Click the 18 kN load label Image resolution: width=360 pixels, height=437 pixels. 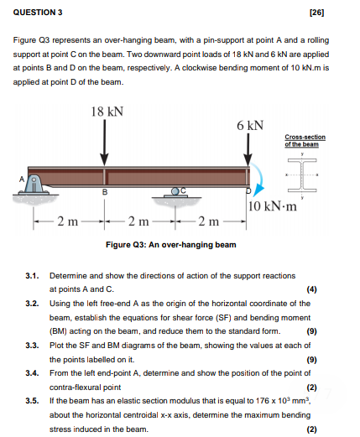click(107, 112)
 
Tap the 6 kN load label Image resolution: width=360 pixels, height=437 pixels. click(250, 126)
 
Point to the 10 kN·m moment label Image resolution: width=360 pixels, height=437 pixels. click(273, 206)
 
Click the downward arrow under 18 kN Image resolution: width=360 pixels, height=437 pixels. click(105, 143)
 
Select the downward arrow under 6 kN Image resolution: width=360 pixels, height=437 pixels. click(248, 150)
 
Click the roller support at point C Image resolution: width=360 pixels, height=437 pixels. click(175, 192)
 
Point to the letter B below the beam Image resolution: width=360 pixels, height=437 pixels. click(105, 192)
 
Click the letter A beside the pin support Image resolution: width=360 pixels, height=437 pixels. click(22, 179)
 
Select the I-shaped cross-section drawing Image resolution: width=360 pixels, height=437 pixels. click(302, 175)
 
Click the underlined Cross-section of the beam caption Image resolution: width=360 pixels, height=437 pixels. click(305, 141)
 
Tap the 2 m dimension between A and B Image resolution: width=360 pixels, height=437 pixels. click(68, 221)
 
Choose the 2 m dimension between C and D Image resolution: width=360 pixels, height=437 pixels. click(209, 221)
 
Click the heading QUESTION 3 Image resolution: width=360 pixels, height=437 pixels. click(38, 13)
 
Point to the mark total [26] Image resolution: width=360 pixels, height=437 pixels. click(317, 13)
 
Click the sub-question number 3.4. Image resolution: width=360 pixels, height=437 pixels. click(32, 373)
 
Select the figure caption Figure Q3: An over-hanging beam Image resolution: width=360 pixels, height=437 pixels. click(171, 245)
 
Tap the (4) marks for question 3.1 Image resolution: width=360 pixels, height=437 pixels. click(312, 289)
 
